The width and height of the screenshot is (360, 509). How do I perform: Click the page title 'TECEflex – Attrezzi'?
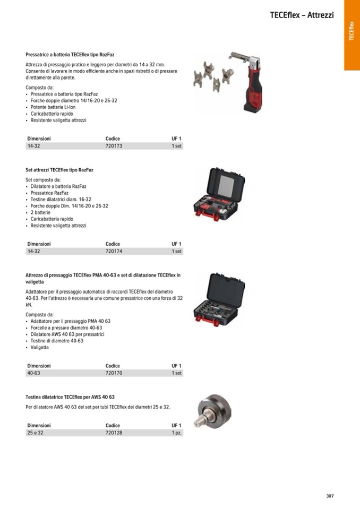(x=302, y=15)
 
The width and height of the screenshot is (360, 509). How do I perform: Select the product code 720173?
(x=114, y=145)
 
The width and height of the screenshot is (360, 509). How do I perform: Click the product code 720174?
(x=114, y=251)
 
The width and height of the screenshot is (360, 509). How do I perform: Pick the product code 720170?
(x=114, y=373)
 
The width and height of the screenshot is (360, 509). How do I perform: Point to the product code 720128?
(x=114, y=433)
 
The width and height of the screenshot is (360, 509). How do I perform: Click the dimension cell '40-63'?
(x=33, y=373)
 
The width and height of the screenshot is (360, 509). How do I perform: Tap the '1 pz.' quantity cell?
(x=176, y=433)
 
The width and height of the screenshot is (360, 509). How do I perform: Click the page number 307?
(x=330, y=496)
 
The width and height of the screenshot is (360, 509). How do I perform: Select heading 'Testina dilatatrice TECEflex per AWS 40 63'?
(x=70, y=397)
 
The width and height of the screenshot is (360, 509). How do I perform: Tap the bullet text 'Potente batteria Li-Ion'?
(x=54, y=107)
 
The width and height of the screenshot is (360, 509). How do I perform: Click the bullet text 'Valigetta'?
(x=39, y=347)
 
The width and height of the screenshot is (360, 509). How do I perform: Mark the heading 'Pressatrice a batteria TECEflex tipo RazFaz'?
(x=70, y=55)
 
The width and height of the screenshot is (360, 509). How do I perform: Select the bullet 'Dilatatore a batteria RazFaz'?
(x=58, y=186)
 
